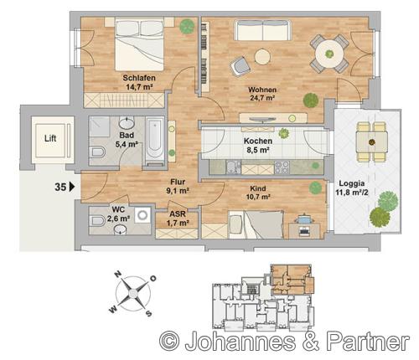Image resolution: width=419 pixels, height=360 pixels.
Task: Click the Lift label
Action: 50,138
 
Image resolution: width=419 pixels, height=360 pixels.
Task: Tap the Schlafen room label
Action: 139,78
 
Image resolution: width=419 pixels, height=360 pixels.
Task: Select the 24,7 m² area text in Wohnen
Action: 262,98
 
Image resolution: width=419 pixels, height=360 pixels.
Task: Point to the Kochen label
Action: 258,141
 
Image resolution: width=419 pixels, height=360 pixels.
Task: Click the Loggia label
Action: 352,183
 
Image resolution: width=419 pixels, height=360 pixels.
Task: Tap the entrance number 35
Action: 60,187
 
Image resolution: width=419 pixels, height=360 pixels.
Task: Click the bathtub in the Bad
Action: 154,141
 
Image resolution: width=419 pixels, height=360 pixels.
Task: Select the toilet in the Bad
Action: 96,152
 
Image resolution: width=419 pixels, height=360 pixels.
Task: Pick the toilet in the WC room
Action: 96,221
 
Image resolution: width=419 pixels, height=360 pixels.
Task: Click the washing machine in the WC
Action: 142,215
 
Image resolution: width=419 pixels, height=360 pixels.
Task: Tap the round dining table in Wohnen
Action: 329,54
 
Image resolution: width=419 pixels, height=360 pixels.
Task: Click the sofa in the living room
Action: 262,30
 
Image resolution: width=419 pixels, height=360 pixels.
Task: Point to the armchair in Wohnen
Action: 240,66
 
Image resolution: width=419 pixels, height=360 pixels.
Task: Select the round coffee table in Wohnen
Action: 262,57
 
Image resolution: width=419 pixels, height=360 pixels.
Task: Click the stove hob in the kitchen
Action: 282,167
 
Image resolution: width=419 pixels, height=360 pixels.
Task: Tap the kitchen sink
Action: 234,167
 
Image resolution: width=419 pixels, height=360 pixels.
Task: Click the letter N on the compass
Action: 117,275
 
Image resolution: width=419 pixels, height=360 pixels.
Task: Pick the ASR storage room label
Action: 178,214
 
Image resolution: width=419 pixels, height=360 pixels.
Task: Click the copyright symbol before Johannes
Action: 169,341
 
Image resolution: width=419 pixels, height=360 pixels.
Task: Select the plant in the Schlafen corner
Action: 187,26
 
